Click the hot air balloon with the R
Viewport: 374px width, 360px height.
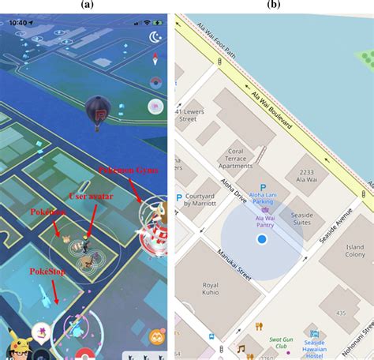click(98, 111)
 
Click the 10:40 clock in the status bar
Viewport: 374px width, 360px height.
click(17, 23)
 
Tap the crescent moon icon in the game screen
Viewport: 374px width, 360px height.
click(155, 37)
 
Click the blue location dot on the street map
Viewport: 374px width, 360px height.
click(260, 239)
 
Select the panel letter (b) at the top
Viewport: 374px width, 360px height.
click(273, 4)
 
